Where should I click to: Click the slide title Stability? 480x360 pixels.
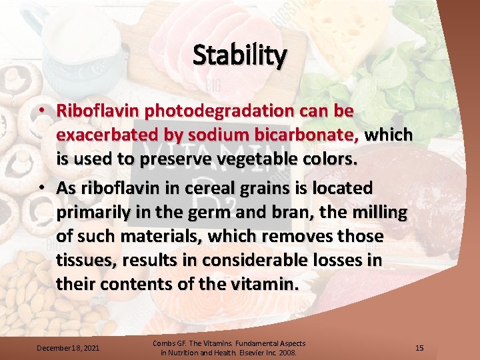tap(240, 55)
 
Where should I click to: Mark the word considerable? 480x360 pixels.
tap(244, 261)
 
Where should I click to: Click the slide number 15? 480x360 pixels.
tap(419, 348)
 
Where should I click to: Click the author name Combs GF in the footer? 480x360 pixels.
tap(168, 343)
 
